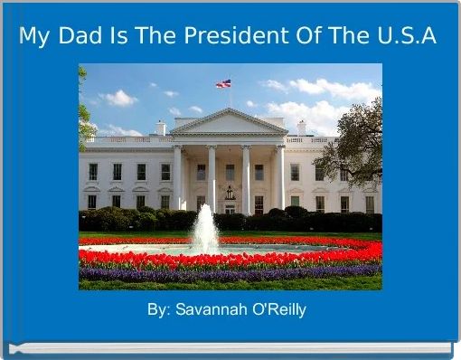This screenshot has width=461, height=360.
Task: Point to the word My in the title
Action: [x=35, y=37]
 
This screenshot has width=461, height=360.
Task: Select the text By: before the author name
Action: [x=158, y=310]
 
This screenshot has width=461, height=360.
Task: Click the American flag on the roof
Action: [x=223, y=83]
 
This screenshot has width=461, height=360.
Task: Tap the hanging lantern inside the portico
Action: [x=230, y=192]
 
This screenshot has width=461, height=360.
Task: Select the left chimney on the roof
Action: [x=161, y=128]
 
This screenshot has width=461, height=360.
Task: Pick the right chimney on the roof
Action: [x=301, y=128]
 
